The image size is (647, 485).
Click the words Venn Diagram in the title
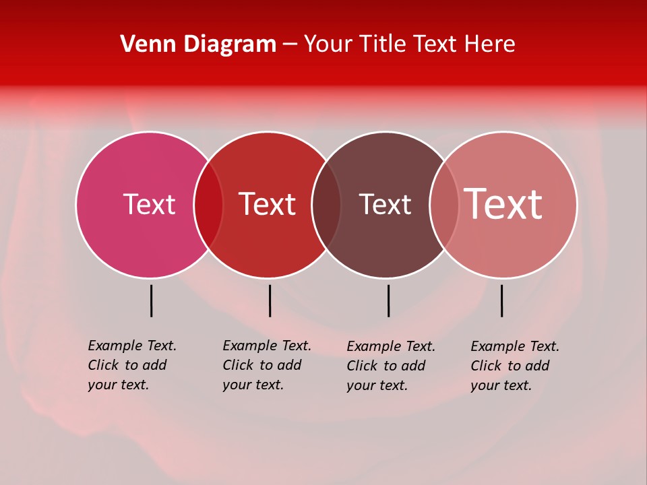198,44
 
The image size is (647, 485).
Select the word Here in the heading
490,44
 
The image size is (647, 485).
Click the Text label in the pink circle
149,204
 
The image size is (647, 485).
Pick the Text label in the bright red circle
268,204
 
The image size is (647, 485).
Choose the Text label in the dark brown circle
385,204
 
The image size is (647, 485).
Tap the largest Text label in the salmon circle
503,204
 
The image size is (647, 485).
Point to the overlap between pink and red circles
208,205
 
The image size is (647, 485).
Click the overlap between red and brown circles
327,205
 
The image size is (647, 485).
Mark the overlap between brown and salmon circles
444,205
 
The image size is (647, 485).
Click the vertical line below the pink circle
151,300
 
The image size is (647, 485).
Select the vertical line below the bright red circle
270,300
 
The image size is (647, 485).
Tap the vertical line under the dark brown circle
388,300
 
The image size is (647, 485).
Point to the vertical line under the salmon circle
501,300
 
